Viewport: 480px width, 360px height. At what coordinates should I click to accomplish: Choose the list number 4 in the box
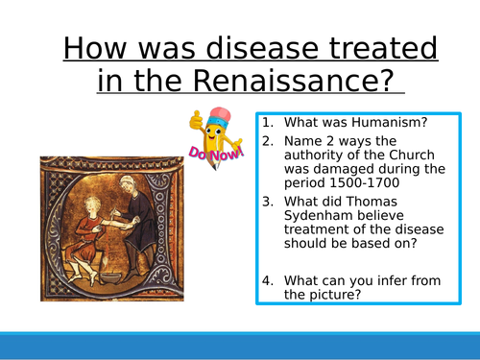click(x=268, y=279)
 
